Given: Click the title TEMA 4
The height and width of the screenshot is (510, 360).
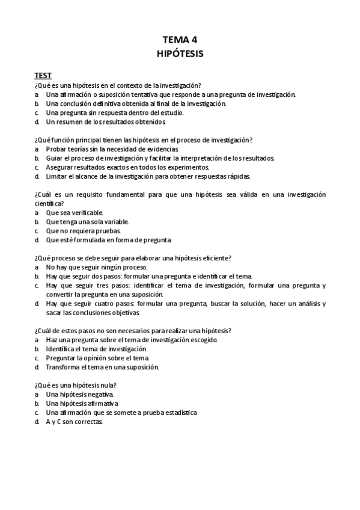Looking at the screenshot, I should pyautogui.click(x=180, y=40).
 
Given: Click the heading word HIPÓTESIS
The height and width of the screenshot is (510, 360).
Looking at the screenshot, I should pyautogui.click(x=180, y=54).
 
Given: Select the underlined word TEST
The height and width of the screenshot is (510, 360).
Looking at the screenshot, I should pyautogui.click(x=42, y=75).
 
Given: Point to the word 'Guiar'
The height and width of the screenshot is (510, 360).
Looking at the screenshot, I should pyautogui.click(x=55, y=158).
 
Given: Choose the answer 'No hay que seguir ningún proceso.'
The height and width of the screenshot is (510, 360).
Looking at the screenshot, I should pyautogui.click(x=96, y=267).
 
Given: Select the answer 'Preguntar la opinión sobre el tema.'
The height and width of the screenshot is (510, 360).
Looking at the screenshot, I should pyautogui.click(x=97, y=358).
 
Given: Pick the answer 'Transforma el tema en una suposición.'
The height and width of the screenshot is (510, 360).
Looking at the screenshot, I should pyautogui.click(x=102, y=367).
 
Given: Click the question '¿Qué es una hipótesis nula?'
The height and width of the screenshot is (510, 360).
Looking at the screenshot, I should pyautogui.click(x=75, y=386).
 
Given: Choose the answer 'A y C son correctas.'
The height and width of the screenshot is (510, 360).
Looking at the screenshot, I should pyautogui.click(x=75, y=422).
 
